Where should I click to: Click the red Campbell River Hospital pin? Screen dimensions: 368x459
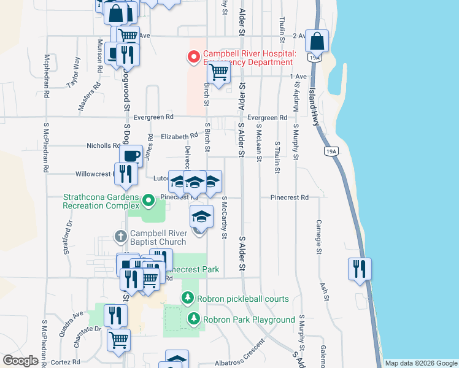point(194,58)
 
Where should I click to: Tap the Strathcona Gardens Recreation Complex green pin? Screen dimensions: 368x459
point(148,200)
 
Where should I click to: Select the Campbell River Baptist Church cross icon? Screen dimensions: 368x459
point(121,236)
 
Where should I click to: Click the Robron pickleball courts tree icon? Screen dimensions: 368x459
point(188,299)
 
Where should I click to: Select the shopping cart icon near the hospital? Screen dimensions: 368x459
point(219,72)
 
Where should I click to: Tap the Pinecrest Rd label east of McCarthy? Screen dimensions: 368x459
point(289,197)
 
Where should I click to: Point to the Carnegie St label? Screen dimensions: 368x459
point(319,236)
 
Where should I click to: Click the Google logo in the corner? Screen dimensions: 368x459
point(21,361)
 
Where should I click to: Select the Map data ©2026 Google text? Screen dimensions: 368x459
point(421,362)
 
